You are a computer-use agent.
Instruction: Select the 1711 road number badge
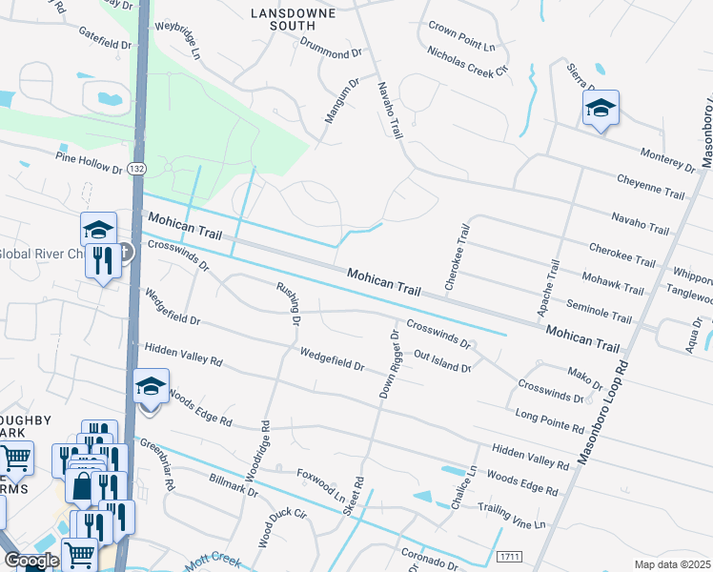[x=510, y=555]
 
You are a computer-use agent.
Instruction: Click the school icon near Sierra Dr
[x=601, y=109]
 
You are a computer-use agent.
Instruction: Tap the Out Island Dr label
[x=443, y=360]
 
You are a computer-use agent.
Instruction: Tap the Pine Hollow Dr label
[x=89, y=162]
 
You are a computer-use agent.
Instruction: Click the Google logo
[x=31, y=561]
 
